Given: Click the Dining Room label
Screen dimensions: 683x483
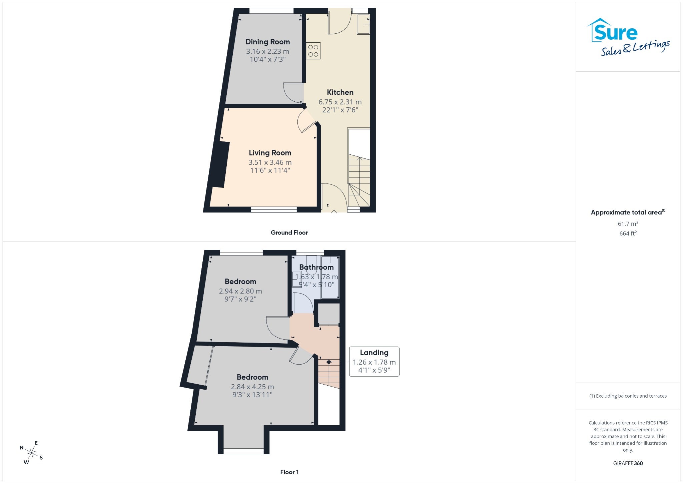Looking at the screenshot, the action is point(267,42).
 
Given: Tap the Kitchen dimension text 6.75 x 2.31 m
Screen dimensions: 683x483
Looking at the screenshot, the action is point(340,102).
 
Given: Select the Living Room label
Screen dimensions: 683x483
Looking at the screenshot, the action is point(270,153).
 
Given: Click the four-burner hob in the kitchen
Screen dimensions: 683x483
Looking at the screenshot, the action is point(313,51).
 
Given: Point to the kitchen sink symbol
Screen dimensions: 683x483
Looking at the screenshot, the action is point(364,24).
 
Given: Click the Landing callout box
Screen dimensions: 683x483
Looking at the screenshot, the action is point(374,362).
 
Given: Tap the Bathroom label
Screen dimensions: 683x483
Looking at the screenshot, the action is point(316,267).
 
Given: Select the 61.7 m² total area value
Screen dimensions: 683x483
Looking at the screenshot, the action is point(628,223).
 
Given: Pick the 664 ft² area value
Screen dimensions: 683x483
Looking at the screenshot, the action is point(628,233).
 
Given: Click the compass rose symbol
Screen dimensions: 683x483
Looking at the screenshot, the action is point(31,453).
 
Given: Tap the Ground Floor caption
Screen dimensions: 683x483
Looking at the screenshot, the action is point(289,232).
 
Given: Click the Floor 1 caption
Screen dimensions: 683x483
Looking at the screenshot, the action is point(289,472).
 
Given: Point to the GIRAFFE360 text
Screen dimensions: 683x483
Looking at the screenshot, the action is point(628,463).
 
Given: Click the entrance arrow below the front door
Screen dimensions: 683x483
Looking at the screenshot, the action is point(334,213).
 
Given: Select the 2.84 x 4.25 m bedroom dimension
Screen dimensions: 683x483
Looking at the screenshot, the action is point(252,387).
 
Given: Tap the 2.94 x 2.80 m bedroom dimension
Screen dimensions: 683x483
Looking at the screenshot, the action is point(240,291).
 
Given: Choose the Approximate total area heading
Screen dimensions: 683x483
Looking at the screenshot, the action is point(628,212).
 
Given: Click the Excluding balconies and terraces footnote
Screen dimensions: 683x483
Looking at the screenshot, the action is point(628,396).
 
